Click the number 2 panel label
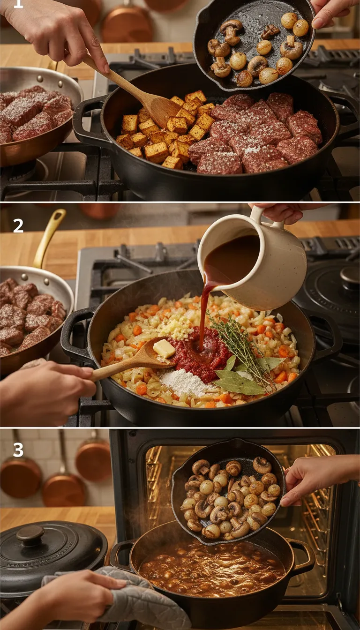click(18, 226)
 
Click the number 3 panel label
click(18, 450)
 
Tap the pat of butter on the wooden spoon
click(164, 348)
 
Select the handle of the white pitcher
click(257, 217)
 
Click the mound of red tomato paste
click(199, 354)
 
